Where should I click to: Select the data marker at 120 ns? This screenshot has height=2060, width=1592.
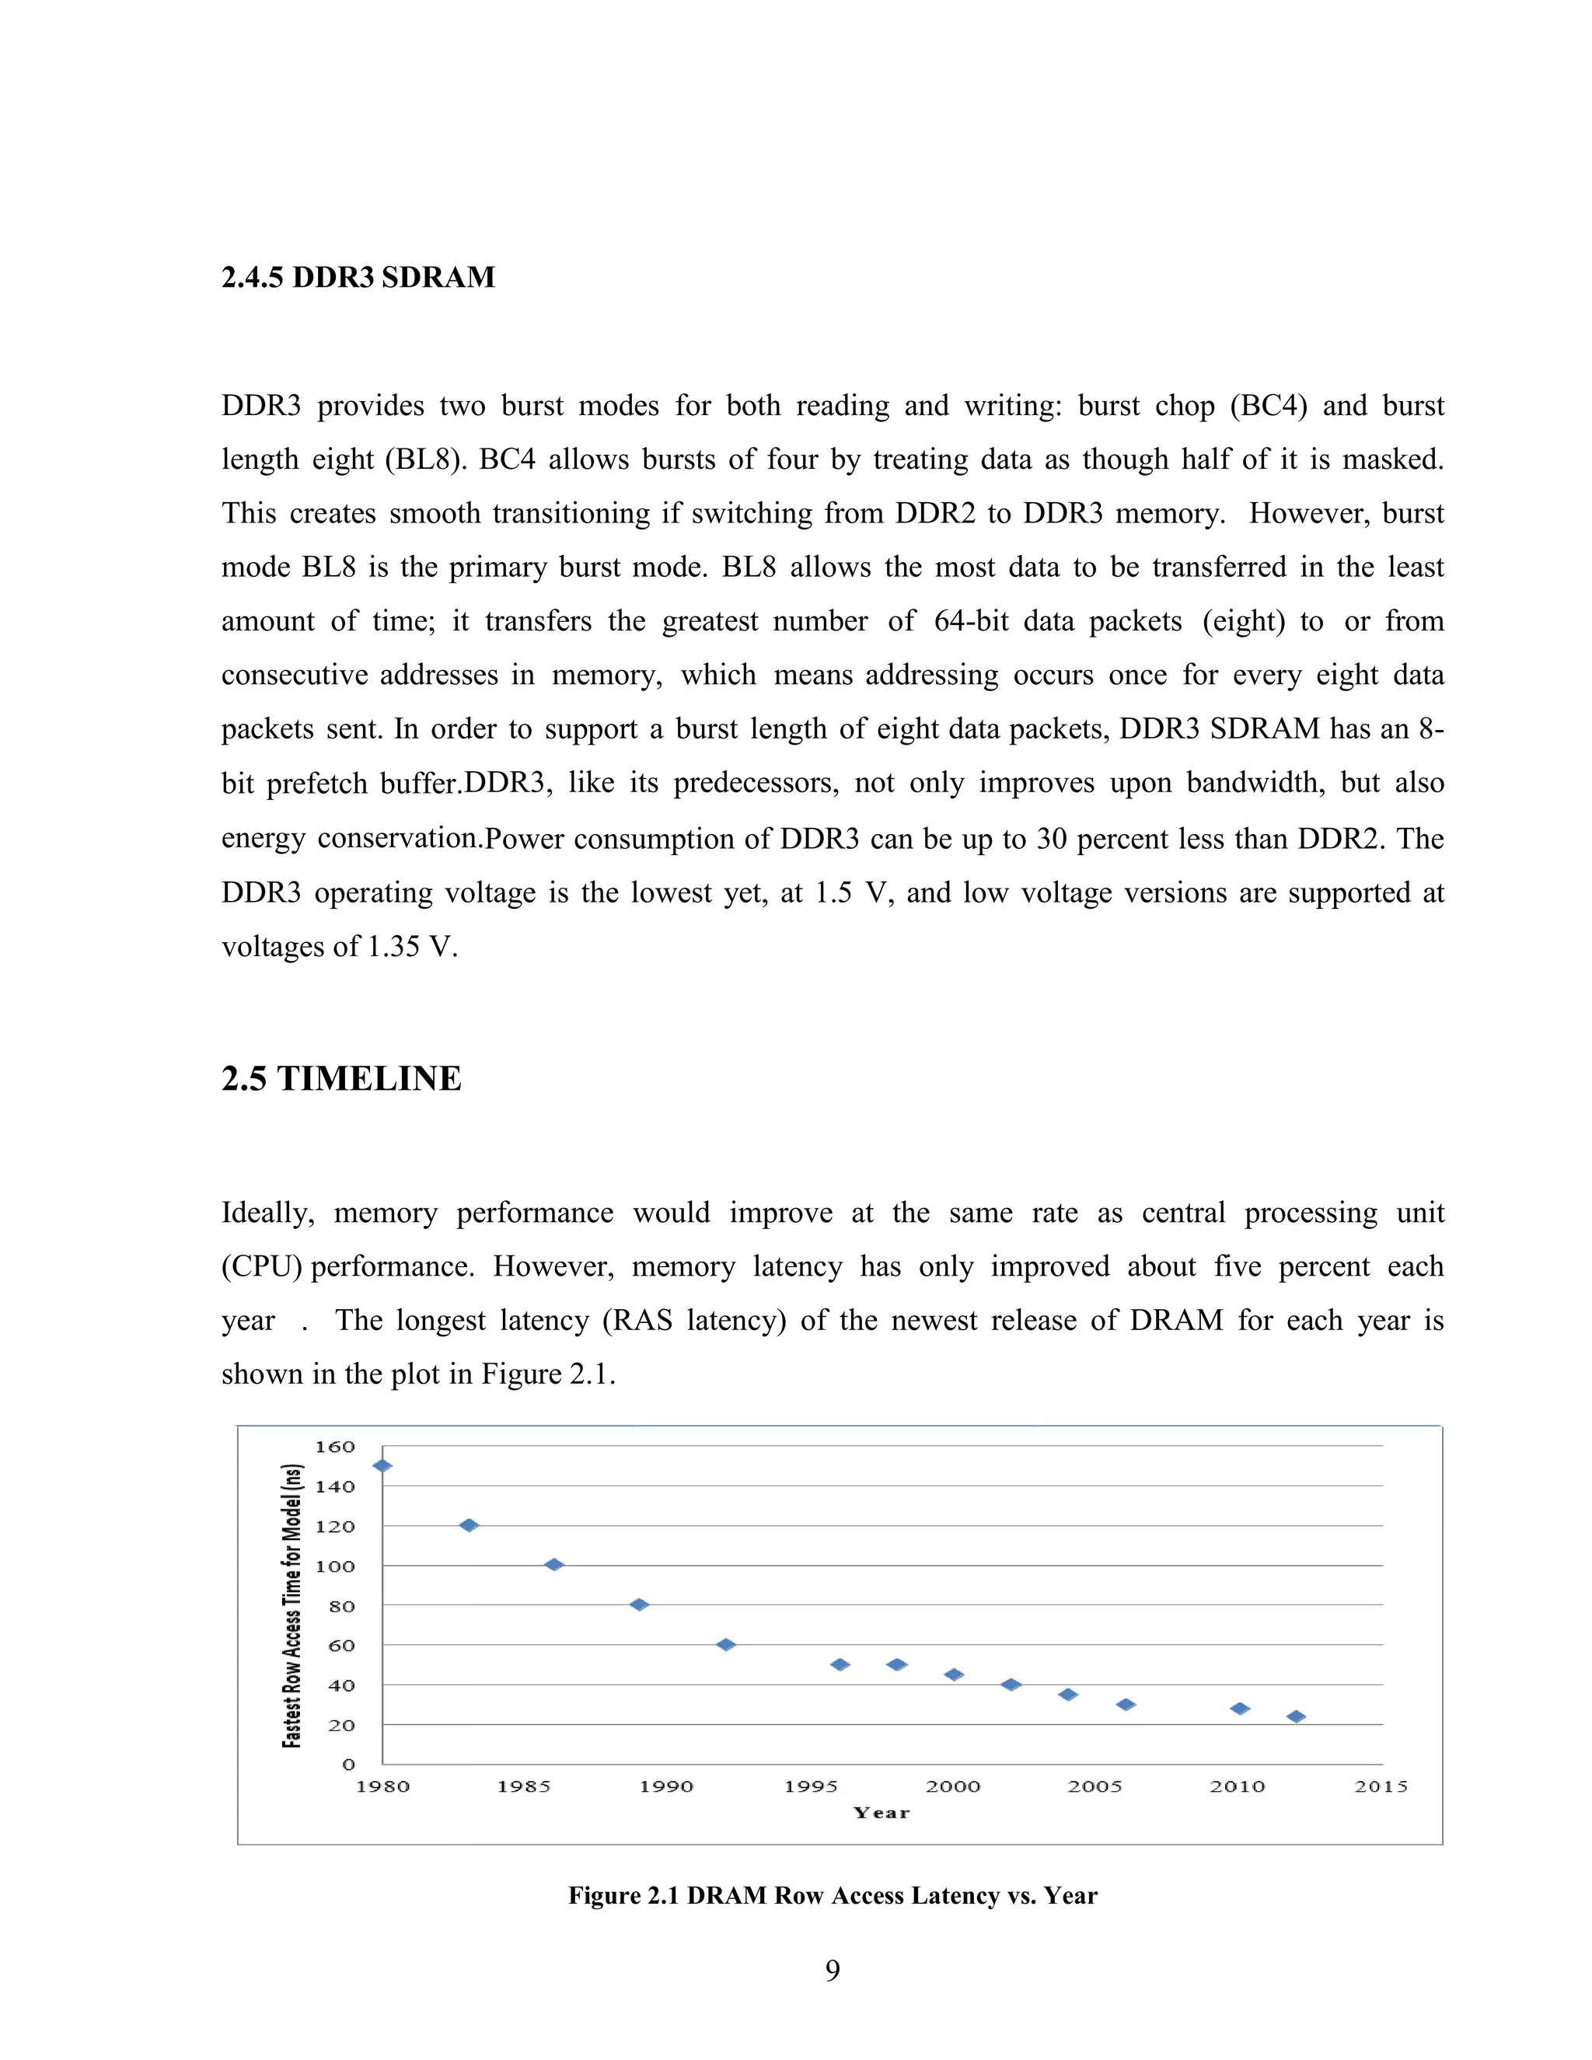469,1525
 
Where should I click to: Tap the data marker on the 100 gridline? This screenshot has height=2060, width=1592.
554,1565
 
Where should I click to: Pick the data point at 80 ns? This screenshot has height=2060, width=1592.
640,1604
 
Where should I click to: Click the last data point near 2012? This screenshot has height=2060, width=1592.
1296,1716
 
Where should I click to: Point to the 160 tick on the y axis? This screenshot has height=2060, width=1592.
335,1447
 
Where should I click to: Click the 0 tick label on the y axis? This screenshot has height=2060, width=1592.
348,1765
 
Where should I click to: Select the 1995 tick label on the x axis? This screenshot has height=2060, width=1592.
810,1786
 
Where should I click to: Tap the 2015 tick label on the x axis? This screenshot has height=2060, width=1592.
1381,1786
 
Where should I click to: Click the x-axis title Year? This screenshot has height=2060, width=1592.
881,1813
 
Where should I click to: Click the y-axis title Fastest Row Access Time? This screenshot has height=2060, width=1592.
292,1605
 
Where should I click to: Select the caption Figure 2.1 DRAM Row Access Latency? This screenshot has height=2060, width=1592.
832,1896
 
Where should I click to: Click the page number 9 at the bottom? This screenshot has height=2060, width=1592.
832,1971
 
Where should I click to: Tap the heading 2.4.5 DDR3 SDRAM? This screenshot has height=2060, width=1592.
358,278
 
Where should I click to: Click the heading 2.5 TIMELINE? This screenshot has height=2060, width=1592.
341,1078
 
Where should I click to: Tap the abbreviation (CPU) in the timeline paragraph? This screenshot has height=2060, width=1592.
261,1266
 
